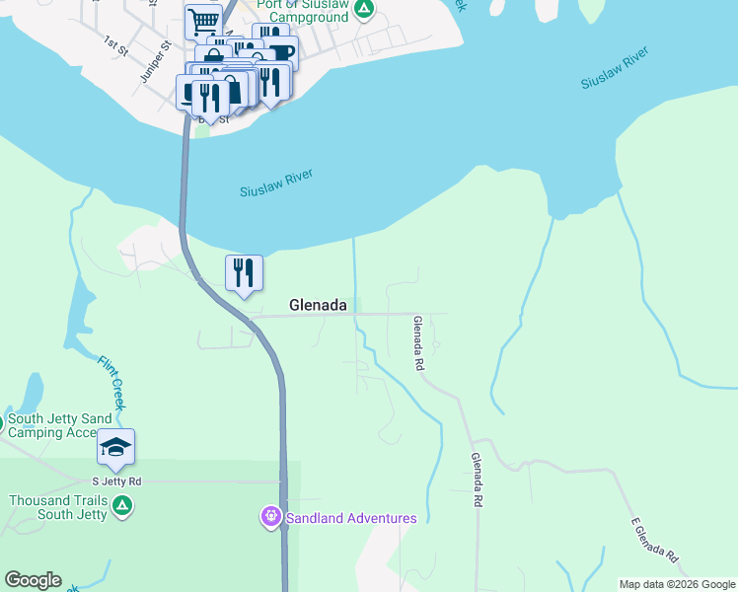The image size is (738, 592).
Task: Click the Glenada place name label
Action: point(318,306)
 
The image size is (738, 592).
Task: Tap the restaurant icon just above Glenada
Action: point(244,273)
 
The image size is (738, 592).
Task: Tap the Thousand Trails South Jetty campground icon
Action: point(122,507)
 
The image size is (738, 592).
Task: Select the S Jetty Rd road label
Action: point(116,481)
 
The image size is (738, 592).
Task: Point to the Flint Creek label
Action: point(111,383)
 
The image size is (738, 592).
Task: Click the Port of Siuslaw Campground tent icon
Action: point(364,10)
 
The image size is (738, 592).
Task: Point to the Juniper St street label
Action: point(156,61)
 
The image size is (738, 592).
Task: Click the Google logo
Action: point(33,580)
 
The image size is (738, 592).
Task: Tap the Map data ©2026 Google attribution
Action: point(677,584)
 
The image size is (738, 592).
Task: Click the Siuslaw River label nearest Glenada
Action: point(276,183)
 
